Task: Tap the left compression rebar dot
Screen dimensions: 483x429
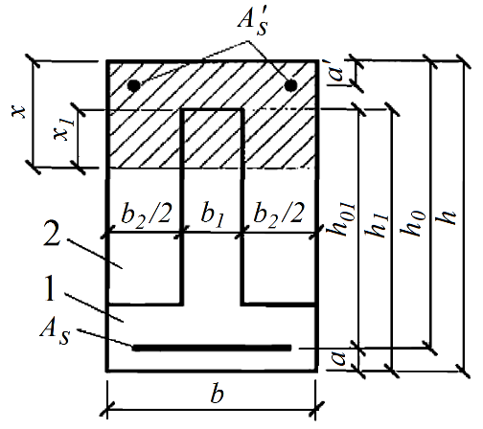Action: tap(134, 85)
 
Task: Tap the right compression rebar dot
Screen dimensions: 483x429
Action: tap(290, 85)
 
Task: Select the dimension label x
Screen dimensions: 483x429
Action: tap(19, 112)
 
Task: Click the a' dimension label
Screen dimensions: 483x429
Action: tap(338, 73)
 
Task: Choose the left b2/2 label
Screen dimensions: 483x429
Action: tap(147, 214)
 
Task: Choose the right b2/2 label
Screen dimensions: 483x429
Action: tap(279, 214)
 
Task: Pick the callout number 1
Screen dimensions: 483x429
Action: tap(50, 288)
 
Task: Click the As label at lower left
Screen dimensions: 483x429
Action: tap(56, 332)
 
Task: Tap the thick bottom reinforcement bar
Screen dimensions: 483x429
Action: tap(212, 348)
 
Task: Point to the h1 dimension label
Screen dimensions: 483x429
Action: tap(378, 224)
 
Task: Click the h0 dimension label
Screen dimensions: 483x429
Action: tap(413, 223)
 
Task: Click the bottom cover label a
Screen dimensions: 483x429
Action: tap(338, 358)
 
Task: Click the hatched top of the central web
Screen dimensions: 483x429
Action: tap(212, 138)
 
